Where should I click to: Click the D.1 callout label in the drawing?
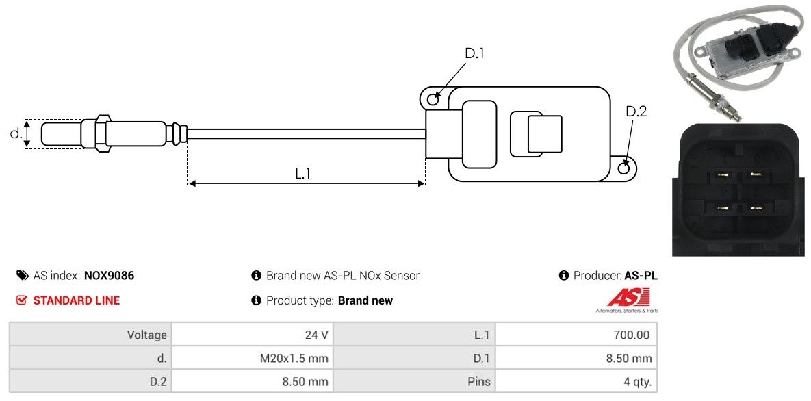click(x=474, y=53)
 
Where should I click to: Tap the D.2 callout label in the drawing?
click(x=636, y=112)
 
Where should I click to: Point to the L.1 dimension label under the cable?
click(x=302, y=174)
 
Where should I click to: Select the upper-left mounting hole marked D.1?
click(x=433, y=100)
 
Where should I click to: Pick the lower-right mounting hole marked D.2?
click(x=624, y=168)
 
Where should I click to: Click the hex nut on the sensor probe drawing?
click(x=101, y=133)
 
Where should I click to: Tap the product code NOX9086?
click(x=109, y=276)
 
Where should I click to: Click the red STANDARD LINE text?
click(x=76, y=300)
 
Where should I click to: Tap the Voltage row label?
click(x=146, y=335)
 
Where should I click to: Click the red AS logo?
click(x=628, y=298)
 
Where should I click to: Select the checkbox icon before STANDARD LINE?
click(x=21, y=300)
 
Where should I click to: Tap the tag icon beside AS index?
click(x=22, y=276)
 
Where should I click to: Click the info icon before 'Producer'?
click(x=564, y=276)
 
